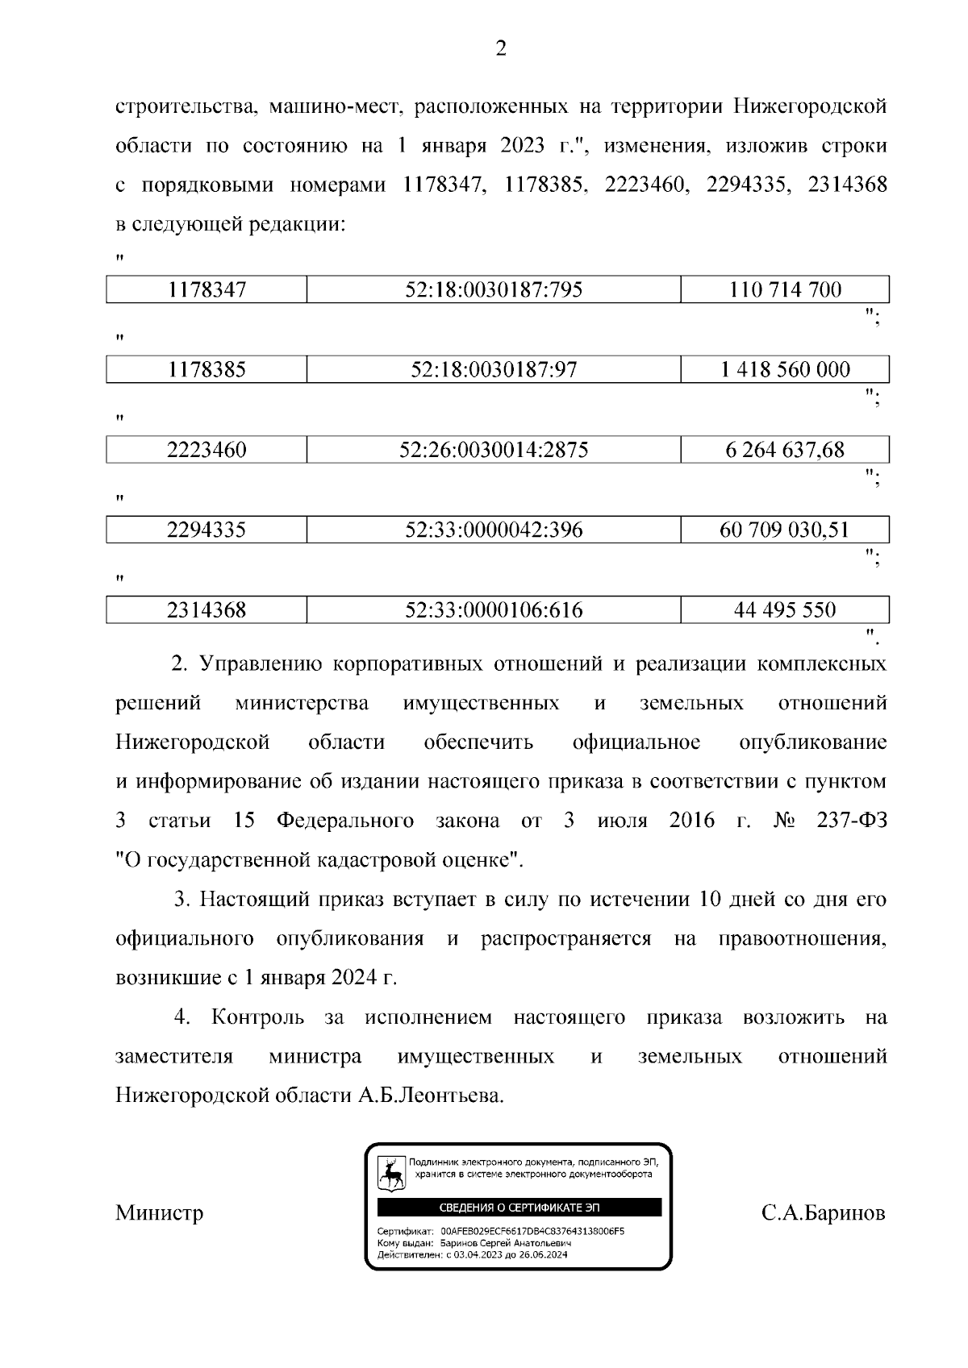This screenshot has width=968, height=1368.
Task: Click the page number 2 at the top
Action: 500,50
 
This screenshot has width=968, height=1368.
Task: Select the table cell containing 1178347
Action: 207,289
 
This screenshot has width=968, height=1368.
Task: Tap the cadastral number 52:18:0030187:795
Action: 494,289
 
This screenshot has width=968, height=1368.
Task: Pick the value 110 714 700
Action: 785,289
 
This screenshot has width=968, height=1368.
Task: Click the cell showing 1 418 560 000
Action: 785,370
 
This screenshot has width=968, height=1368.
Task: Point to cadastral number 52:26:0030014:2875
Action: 494,450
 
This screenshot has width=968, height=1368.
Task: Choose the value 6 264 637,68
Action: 785,450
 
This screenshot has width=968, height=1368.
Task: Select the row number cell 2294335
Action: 207,530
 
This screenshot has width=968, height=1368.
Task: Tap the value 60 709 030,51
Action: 785,530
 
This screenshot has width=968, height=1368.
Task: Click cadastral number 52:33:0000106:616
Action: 494,610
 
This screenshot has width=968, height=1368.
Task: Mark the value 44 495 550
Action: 785,610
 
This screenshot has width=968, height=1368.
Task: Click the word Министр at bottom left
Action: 159,1213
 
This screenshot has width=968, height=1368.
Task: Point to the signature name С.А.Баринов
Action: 823,1213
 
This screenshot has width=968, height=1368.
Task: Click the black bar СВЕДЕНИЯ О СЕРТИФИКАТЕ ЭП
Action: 519,1208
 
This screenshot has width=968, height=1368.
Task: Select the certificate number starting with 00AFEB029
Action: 532,1233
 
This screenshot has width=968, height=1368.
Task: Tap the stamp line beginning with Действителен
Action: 472,1254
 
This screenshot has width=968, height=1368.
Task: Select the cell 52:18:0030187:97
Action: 494,370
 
